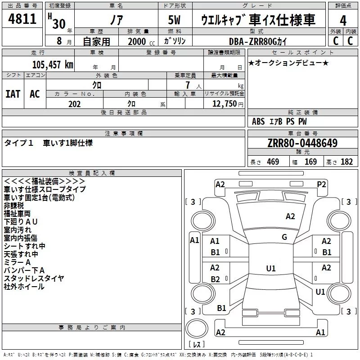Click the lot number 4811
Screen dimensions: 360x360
point(22,19)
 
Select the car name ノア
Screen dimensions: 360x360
point(117,20)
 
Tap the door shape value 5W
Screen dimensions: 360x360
point(174,20)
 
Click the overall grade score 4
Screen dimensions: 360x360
point(343,21)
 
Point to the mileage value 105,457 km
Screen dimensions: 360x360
point(53,65)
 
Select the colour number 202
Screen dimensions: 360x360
point(75,104)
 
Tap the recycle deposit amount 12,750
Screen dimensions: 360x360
point(225,104)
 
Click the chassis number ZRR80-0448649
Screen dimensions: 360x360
point(302,143)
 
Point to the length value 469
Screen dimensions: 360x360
point(273,162)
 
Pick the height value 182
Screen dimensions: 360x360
point(346,162)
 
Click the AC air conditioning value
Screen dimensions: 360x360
point(35,94)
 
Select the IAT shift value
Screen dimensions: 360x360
point(13,94)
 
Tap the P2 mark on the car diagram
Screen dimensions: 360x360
point(321,184)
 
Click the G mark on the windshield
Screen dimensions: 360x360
point(284,237)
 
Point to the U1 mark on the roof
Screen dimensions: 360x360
point(271,268)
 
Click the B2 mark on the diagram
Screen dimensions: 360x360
point(215,279)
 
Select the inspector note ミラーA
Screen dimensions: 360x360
point(17,262)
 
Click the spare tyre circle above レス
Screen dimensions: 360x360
point(197,328)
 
